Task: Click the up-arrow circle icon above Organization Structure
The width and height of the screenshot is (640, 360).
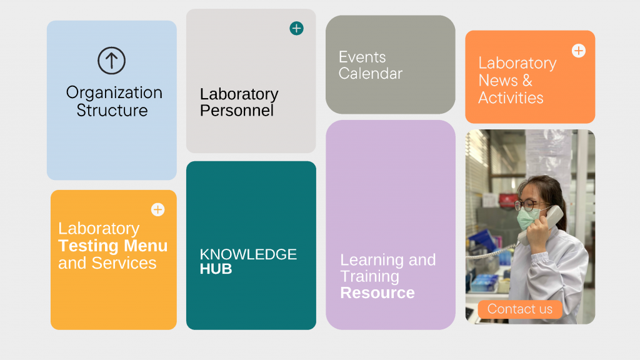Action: [111, 61]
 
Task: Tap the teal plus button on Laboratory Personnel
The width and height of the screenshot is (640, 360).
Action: [296, 29]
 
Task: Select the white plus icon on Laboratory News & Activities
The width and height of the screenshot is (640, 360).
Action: [578, 51]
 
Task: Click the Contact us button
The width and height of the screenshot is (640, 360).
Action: [519, 309]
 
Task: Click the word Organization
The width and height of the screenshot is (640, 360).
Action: [114, 93]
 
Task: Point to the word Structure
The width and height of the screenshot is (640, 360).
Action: [112, 111]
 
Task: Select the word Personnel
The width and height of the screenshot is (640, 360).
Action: [237, 111]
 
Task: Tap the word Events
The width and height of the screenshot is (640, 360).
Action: [362, 57]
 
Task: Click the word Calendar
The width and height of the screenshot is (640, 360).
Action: [370, 74]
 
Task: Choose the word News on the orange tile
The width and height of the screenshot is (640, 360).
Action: [498, 81]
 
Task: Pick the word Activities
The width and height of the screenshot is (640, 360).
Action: [511, 98]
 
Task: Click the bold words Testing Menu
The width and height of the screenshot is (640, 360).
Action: [112, 246]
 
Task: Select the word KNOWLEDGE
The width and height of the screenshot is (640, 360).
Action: [248, 254]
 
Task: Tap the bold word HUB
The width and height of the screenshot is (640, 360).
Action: [216, 269]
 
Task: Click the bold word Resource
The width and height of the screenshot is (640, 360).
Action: [377, 292]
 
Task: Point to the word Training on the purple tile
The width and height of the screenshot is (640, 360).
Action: [370, 276]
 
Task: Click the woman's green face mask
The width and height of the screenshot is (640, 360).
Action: [529, 217]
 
